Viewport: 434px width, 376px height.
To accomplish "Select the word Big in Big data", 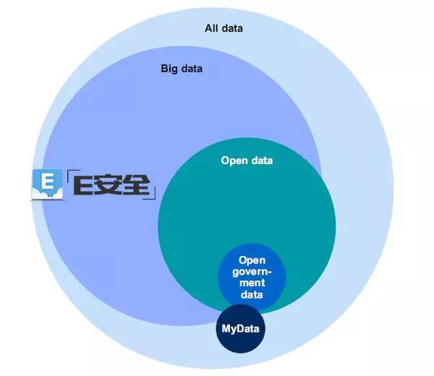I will (169, 69).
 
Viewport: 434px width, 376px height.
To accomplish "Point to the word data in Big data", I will (190, 69).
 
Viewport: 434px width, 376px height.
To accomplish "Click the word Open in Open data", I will (234, 161).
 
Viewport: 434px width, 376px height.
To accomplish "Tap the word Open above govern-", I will (252, 260).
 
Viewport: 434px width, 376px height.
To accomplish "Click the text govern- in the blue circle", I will (252, 271).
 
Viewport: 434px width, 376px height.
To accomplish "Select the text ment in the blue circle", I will (252, 283).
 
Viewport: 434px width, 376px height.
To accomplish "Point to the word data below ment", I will (252, 294).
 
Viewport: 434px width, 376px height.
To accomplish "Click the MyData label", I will (242, 330).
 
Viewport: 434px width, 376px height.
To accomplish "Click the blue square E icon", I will (46, 184).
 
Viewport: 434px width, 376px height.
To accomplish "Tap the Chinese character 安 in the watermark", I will (109, 186).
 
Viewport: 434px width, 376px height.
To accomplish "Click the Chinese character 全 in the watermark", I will (137, 186).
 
